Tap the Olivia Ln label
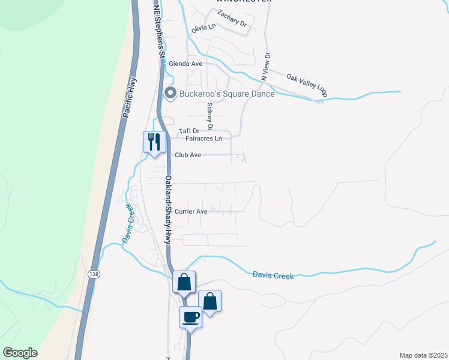pyautogui.click(x=203, y=28)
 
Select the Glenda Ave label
pyautogui.click(x=185, y=64)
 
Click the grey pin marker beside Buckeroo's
pyautogui.click(x=170, y=93)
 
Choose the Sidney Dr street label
pyautogui.click(x=209, y=115)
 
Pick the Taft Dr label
pyautogui.click(x=188, y=131)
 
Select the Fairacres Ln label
pyautogui.click(x=204, y=139)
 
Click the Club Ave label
pyautogui.click(x=187, y=155)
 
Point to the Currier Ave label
pyautogui.click(x=191, y=211)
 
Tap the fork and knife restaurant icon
pyautogui.click(x=154, y=142)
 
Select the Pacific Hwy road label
pyautogui.click(x=129, y=97)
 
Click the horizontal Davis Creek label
pyautogui.click(x=273, y=275)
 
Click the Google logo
pyautogui.click(x=20, y=353)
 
